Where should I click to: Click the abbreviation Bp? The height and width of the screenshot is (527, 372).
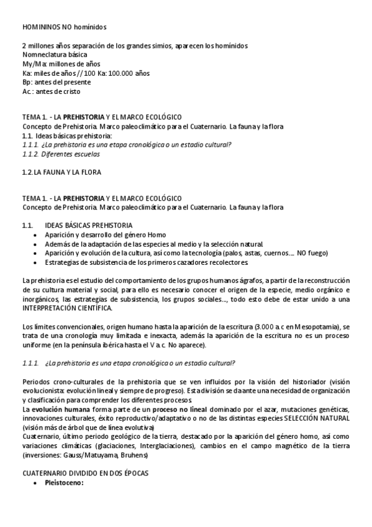click(26, 82)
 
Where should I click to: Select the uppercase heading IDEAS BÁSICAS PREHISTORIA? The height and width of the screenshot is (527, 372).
click(88, 225)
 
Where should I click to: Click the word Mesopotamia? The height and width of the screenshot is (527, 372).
click(314, 327)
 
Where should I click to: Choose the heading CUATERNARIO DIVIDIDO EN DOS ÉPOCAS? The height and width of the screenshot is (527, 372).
click(85, 472)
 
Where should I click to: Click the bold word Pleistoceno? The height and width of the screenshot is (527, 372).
click(63, 482)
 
